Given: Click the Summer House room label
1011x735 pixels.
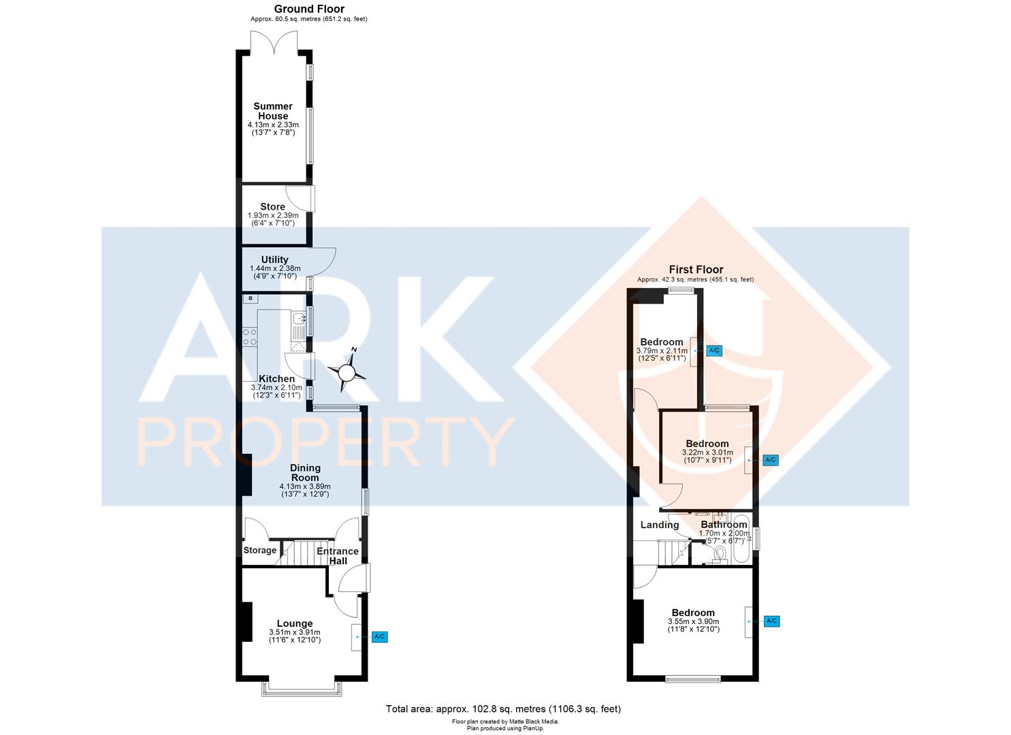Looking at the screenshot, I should pos(273,111).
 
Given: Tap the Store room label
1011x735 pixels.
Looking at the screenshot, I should pos(272,207).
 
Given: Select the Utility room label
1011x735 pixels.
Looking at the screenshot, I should pos(274,259).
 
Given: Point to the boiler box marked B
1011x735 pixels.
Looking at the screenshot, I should pos(250,298).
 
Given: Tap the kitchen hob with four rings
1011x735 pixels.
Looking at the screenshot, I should pos(250,337).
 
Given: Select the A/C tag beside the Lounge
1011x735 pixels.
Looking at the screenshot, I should pos(380,637).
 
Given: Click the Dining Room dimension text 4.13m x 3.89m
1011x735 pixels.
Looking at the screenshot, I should pos(304,487).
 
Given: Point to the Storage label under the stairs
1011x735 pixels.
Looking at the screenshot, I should pos(259,550).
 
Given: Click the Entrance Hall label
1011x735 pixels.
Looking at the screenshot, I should pos(338,556).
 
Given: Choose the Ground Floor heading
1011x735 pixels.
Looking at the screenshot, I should pos(308,9).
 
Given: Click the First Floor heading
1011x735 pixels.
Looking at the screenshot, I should pos(696,269).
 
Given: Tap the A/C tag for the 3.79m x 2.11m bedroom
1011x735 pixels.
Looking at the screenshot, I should pos(713,350).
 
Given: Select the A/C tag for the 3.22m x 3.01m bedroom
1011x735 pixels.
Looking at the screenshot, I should pos(770,460).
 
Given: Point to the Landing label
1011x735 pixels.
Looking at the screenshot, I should pos(660,525).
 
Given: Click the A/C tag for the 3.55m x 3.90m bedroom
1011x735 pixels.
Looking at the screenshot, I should pos(771,621).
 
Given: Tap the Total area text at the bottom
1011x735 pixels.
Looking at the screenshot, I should pos(503,709).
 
